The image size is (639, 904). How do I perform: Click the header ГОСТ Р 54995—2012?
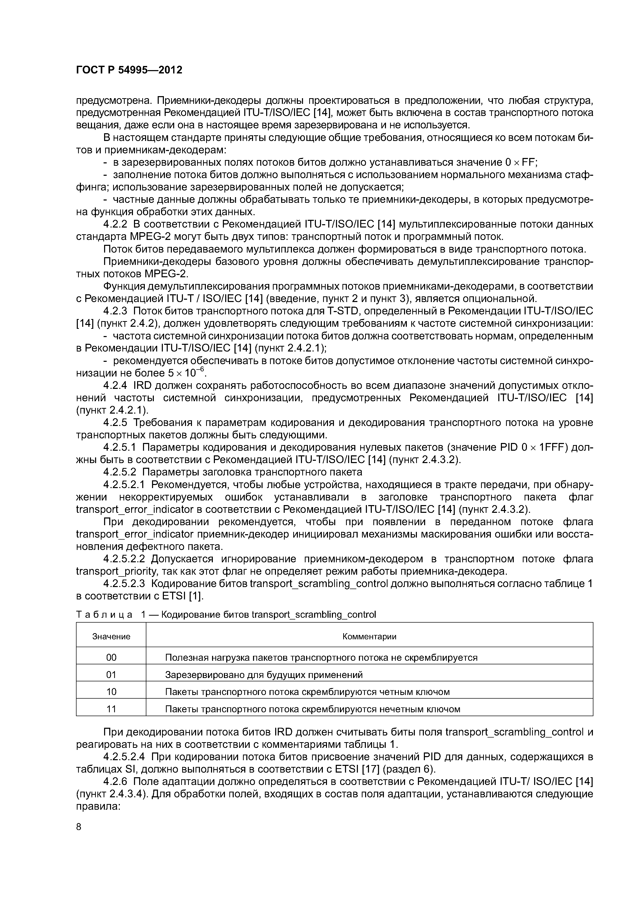click(129, 70)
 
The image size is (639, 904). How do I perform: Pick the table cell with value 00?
click(111, 658)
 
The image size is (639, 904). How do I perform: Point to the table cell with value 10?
click(111, 692)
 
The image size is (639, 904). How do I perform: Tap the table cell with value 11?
click(111, 709)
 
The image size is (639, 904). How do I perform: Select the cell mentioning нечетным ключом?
click(312, 709)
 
